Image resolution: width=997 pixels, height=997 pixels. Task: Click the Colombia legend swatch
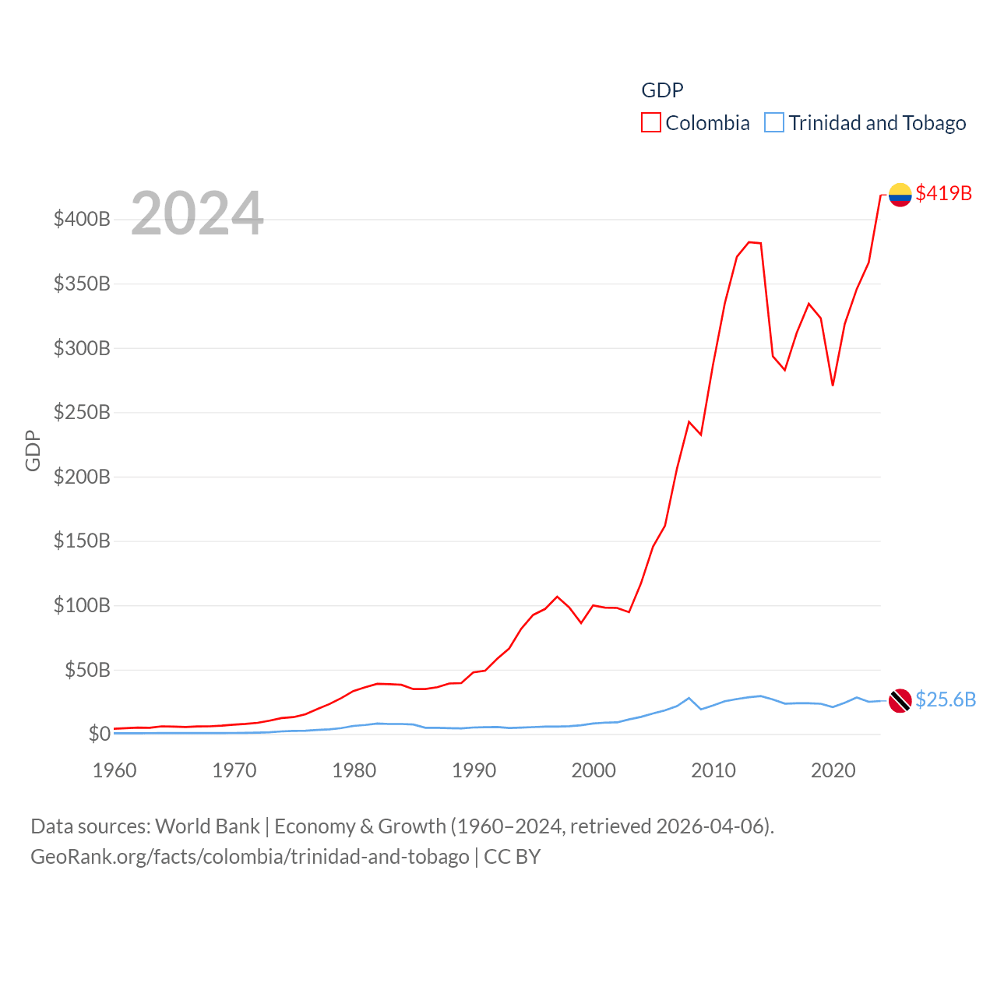651,122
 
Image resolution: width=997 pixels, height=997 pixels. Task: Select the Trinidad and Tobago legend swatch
774,122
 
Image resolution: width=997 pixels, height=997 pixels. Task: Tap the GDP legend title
662,90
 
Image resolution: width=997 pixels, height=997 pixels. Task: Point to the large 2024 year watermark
197,213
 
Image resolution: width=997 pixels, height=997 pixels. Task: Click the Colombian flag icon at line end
900,194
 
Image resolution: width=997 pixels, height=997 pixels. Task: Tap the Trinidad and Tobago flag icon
900,700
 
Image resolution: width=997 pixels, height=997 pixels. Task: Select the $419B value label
943,193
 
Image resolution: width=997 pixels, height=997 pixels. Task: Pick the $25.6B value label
945,699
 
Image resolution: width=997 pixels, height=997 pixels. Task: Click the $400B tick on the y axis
82,219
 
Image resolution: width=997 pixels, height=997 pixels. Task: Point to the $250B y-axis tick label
82,412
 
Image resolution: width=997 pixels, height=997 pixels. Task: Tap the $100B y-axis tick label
82,605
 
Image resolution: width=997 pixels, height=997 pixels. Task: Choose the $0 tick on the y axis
99,734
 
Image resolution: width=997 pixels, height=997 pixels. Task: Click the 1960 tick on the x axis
114,770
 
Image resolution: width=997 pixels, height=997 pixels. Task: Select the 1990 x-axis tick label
474,770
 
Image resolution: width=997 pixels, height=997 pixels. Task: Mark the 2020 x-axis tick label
833,770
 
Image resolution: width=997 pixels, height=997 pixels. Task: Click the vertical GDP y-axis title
33,450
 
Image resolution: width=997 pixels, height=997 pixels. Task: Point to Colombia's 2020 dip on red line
833,385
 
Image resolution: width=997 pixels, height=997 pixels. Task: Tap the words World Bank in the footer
207,826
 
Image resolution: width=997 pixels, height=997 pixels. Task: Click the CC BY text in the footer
512,857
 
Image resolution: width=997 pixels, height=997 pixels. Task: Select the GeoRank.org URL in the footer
249,857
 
